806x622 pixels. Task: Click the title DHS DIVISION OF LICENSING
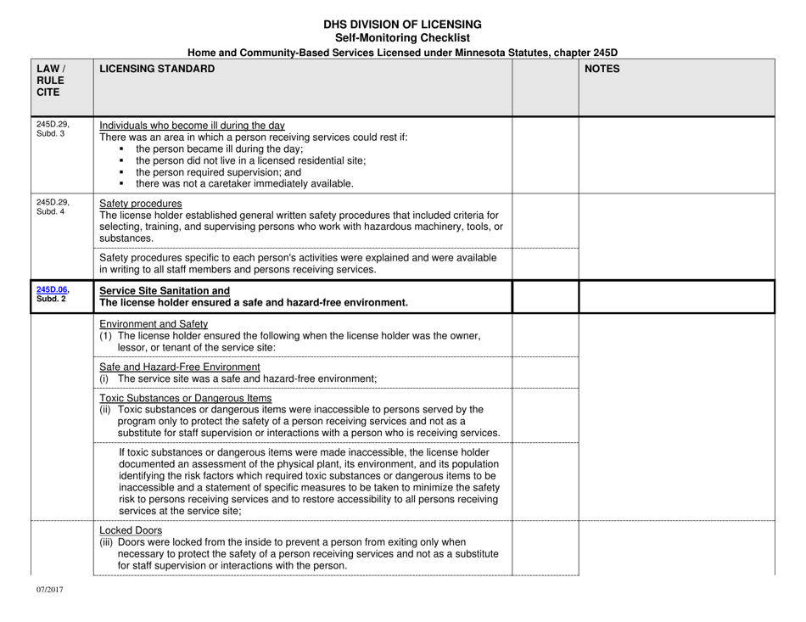(x=402, y=25)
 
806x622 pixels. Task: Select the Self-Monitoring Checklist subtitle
(x=402, y=38)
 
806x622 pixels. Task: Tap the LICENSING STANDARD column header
(x=157, y=70)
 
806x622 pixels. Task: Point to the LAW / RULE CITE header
(x=48, y=81)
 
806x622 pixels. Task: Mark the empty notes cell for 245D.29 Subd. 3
(x=688, y=154)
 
